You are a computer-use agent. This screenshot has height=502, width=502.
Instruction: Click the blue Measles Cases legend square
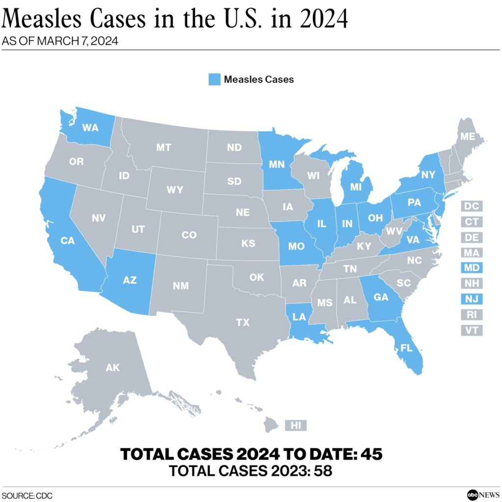coord(214,79)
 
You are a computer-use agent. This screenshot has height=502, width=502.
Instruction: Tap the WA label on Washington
coord(90,128)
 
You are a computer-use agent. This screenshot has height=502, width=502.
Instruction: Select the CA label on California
coord(67,240)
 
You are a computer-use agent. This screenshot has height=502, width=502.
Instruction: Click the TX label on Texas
coord(243,322)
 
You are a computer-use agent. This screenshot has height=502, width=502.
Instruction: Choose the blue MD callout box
coord(472,268)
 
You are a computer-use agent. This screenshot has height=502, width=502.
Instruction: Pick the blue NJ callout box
coord(472,299)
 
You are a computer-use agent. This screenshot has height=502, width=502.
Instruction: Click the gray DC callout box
coord(472,206)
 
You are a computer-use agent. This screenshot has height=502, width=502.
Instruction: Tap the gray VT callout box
coord(472,330)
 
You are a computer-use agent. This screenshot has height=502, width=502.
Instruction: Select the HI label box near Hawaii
coord(296,425)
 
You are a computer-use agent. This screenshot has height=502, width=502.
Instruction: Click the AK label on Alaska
coord(112,367)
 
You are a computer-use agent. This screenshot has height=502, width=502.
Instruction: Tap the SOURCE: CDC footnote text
coord(27,496)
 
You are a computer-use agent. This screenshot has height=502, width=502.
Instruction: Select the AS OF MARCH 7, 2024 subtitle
coord(60,41)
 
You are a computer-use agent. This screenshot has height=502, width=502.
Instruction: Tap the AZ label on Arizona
coord(130,280)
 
